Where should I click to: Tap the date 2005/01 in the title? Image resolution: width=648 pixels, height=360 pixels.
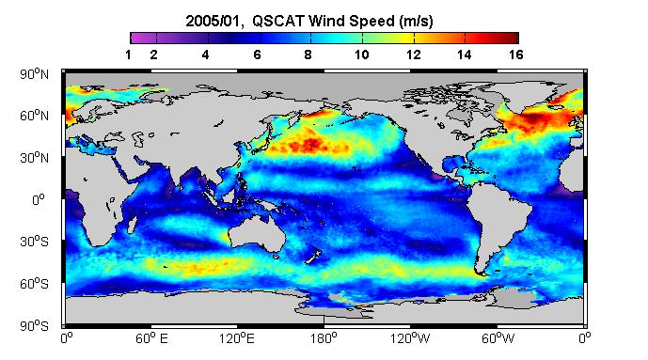pyautogui.click(x=213, y=21)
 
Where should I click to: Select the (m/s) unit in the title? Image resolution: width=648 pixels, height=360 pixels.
pyautogui.click(x=416, y=21)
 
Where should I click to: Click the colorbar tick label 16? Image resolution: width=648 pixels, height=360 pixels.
pyautogui.click(x=515, y=55)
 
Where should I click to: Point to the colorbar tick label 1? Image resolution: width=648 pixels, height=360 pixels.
pyautogui.click(x=128, y=55)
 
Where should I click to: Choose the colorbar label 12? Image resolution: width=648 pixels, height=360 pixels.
pyautogui.click(x=413, y=55)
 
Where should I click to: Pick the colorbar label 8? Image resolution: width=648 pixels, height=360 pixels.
pyautogui.click(x=308, y=55)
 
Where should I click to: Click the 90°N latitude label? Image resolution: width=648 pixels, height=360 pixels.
pyautogui.click(x=34, y=74)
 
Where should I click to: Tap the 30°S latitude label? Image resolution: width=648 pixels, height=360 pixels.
pyautogui.click(x=34, y=242)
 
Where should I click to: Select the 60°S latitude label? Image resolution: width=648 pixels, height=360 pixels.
pyautogui.click(x=34, y=284)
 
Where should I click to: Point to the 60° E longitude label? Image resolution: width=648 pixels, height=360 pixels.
pyautogui.click(x=151, y=338)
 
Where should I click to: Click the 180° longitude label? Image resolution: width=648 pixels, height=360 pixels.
pyautogui.click(x=324, y=338)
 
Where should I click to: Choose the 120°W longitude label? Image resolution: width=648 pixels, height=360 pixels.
pyautogui.click(x=410, y=338)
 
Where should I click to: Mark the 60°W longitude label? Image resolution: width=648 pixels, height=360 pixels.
pyautogui.click(x=498, y=338)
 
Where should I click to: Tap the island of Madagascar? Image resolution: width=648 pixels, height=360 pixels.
pyautogui.click(x=132, y=225)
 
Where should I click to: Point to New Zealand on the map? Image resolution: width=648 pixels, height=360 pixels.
pyautogui.click(x=313, y=256)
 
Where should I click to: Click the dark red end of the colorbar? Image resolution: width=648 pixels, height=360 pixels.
pyautogui.click(x=514, y=38)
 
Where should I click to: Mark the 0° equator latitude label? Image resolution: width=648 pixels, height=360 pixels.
pyautogui.click(x=38, y=200)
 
